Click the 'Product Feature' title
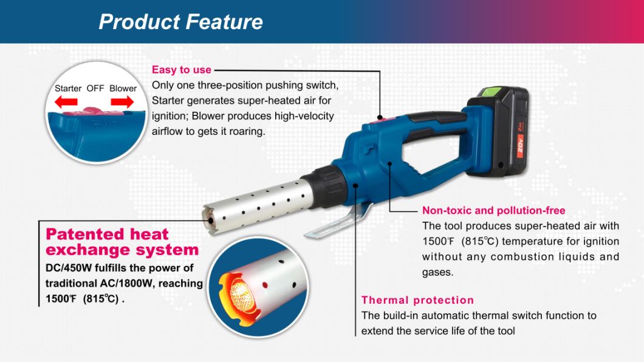coord(180,22)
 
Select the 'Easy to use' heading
coord(182,70)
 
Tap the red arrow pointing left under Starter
coord(68,103)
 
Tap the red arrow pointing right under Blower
coord(123,103)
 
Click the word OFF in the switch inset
coord(95,88)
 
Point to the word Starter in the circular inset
coord(68,88)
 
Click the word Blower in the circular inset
coord(123,88)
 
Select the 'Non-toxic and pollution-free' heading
coord(493,211)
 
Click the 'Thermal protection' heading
coord(417,300)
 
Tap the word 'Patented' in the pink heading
coord(86,234)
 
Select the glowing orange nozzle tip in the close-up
coord(238,291)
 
